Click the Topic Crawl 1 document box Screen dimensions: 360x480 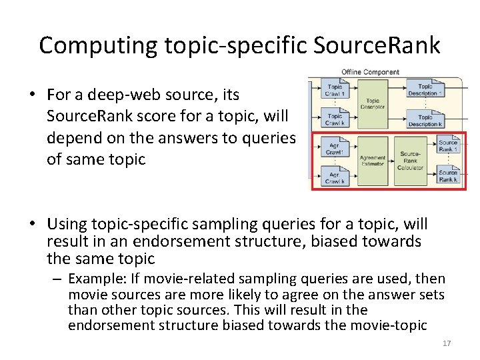335,90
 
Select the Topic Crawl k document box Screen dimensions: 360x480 335,119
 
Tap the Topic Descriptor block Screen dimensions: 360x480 373,104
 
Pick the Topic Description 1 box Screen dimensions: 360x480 425,90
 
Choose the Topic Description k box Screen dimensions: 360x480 425,120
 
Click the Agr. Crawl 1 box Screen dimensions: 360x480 335,148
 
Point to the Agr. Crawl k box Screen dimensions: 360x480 335,177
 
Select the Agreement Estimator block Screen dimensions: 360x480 373,161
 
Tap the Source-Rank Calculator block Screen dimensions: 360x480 410,161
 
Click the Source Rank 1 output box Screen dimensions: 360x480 448,146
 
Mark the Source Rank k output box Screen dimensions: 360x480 448,176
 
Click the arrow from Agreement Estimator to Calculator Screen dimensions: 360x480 391,161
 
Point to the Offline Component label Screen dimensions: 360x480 370,72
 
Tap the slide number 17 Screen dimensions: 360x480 447,343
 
